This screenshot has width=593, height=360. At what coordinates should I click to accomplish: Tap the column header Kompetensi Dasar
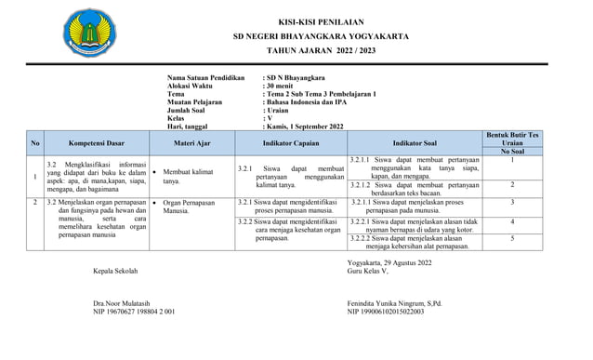pyautogui.click(x=96, y=143)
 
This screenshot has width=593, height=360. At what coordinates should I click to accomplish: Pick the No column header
pyautogui.click(x=35, y=143)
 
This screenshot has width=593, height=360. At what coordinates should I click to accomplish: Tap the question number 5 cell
pyautogui.click(x=512, y=239)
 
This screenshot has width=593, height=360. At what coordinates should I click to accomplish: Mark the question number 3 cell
pyautogui.click(x=512, y=202)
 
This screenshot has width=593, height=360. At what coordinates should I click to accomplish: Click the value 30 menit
pyautogui.click(x=284, y=86)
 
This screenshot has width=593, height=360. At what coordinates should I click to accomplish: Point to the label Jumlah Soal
pyautogui.click(x=192, y=111)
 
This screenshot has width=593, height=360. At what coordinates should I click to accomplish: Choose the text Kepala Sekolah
pyautogui.click(x=115, y=272)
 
